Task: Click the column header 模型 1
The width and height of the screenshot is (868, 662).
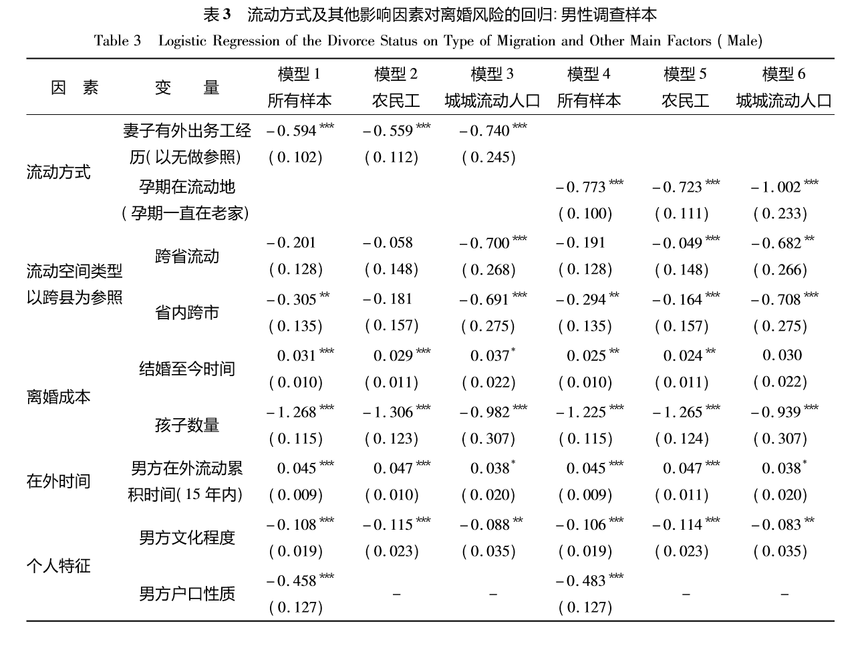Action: (299, 74)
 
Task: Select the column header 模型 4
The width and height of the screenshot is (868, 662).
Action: (588, 74)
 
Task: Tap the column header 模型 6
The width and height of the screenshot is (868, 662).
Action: (783, 74)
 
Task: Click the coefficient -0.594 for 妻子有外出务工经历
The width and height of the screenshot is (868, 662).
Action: (291, 131)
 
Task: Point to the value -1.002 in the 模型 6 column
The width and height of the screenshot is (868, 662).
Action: (775, 187)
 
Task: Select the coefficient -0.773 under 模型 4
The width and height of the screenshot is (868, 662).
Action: (581, 187)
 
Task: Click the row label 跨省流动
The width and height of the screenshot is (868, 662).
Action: (186, 257)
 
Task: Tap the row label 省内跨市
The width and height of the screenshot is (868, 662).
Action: (186, 313)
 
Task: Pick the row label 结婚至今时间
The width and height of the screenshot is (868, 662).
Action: (186, 369)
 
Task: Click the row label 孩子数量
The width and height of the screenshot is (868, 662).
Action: (186, 425)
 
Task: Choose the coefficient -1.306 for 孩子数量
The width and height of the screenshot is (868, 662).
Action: (388, 412)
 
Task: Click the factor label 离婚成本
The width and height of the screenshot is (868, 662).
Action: (58, 397)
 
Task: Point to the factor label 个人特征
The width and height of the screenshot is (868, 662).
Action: (58, 566)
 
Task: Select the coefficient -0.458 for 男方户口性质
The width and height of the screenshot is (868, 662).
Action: (291, 581)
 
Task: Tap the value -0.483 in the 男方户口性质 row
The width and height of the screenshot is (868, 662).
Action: (581, 581)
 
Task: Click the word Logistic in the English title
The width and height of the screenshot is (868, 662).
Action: (182, 41)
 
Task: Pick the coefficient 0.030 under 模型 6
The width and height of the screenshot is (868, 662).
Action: (782, 355)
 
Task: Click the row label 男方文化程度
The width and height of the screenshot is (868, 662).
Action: (186, 538)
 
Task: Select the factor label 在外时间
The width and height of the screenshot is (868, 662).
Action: (58, 481)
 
